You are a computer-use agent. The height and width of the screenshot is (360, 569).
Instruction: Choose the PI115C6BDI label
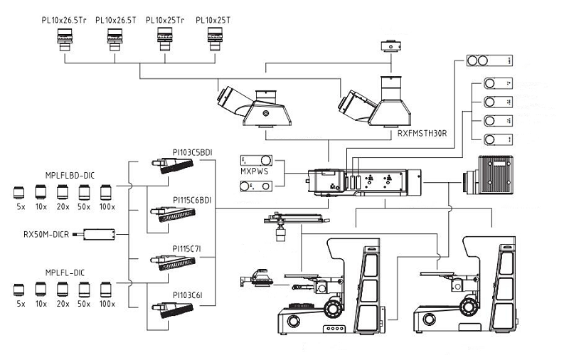point(192,200)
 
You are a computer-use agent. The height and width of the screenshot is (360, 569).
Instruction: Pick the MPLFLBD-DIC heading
point(65,174)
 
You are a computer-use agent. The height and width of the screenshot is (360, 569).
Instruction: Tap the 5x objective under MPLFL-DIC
point(20,289)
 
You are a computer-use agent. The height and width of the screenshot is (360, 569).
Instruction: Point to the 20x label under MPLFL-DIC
point(63,305)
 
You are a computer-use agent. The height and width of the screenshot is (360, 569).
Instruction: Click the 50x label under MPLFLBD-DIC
point(85,206)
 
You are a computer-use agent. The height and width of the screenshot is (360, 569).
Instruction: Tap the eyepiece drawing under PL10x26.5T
point(115,40)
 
